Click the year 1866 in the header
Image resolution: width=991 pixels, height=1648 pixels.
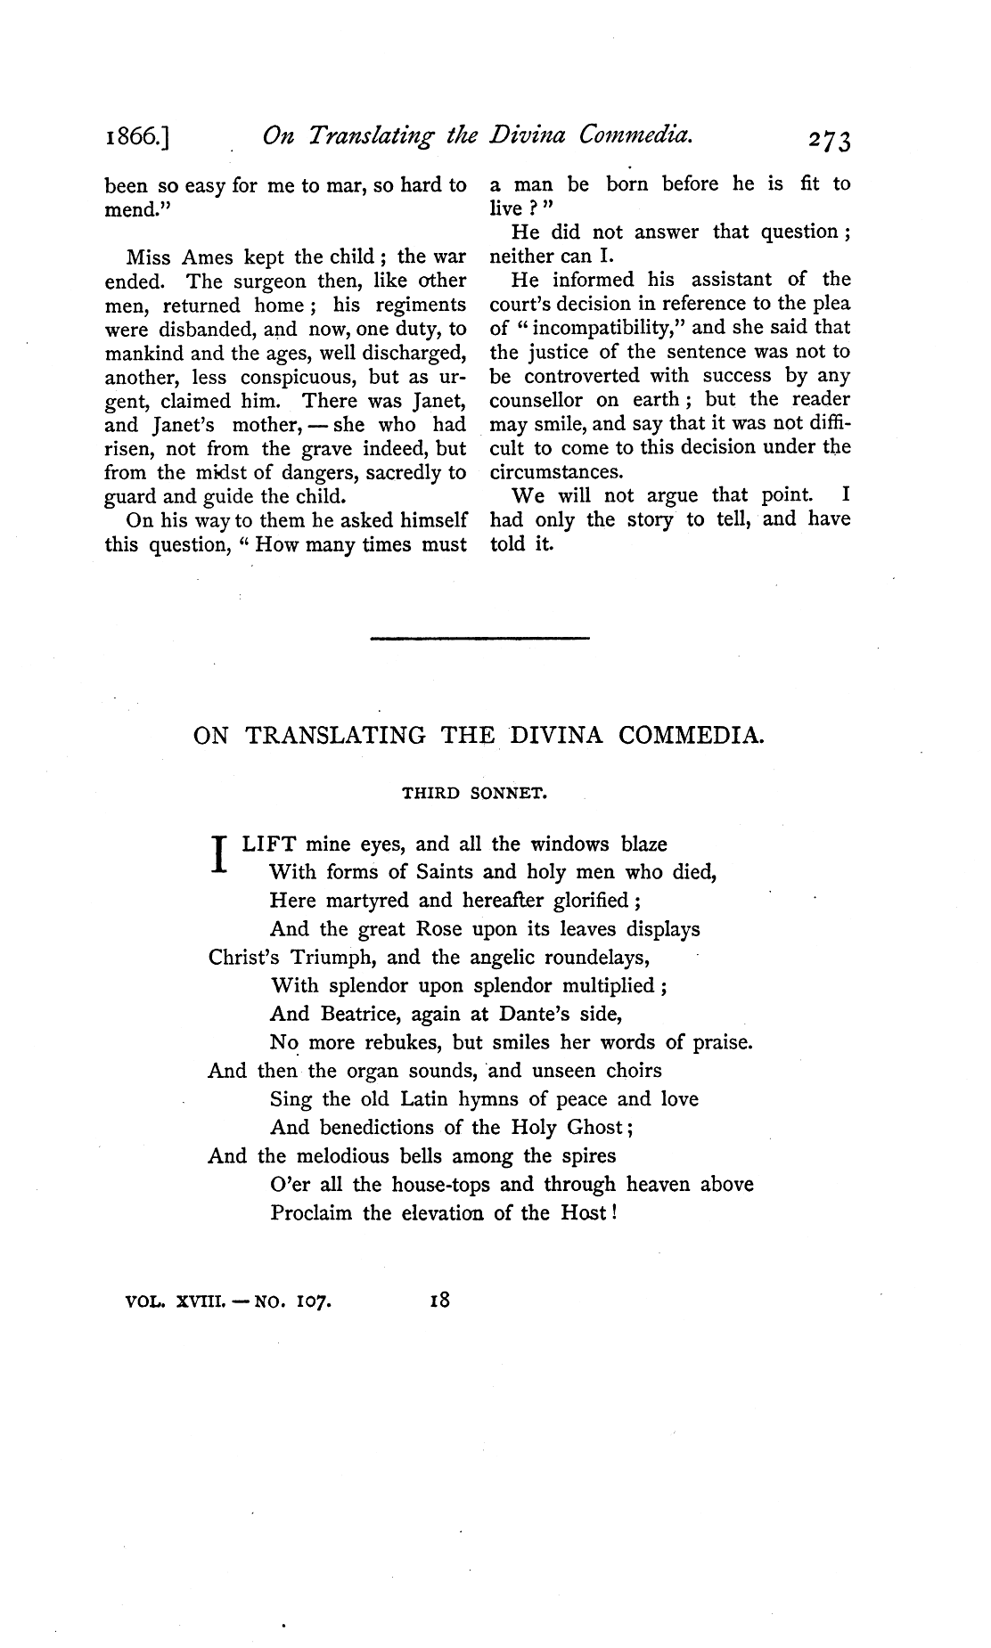pyautogui.click(x=137, y=139)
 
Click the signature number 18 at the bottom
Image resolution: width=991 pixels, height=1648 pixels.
pyautogui.click(x=440, y=1300)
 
